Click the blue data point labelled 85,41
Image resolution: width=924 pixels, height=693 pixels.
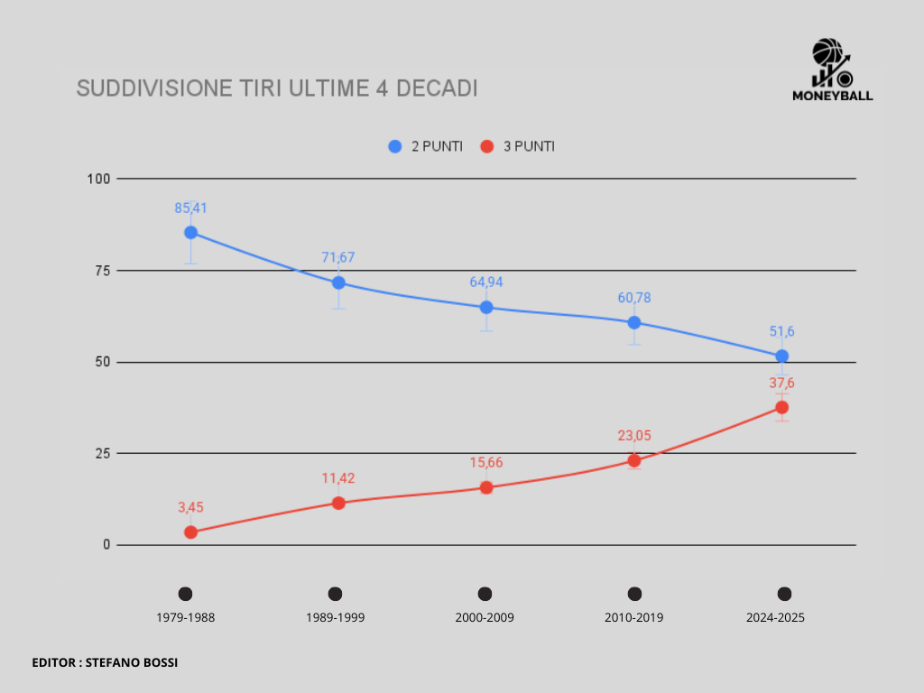pos(190,232)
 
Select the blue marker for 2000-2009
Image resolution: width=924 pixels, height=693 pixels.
pos(486,307)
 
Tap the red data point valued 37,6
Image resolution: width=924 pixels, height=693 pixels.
pos(782,407)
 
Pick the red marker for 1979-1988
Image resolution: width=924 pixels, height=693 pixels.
pos(190,532)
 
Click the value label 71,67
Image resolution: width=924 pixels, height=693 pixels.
pos(338,257)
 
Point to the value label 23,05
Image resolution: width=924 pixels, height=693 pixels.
pos(634,435)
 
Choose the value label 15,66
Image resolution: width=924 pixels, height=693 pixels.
pos(486,462)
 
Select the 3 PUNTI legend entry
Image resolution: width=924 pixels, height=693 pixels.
pos(517,146)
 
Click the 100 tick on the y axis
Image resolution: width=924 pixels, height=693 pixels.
pos(98,179)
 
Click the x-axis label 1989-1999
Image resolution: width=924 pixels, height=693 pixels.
pos(335,618)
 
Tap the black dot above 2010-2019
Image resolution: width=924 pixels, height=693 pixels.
pos(634,594)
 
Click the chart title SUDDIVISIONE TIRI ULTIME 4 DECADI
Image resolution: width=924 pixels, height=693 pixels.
pos(276,88)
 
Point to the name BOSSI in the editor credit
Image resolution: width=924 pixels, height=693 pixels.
pos(159,662)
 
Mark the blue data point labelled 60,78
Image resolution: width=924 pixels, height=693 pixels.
pos(634,322)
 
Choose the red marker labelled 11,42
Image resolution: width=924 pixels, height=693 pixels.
pos(338,503)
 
